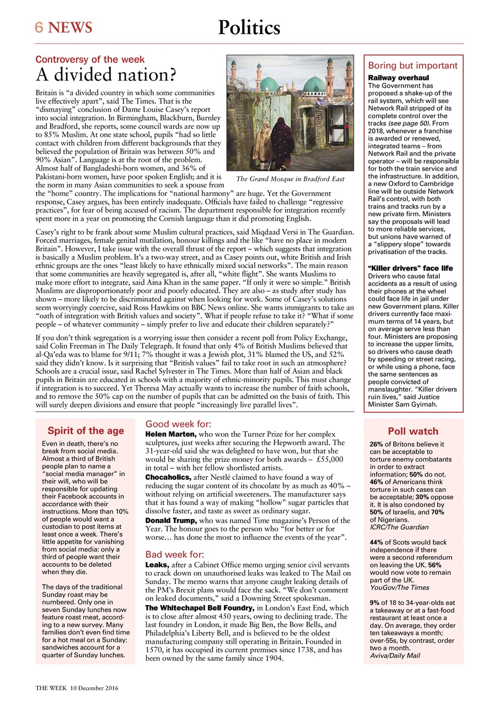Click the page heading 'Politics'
249,27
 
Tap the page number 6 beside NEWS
39,27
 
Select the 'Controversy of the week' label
90,59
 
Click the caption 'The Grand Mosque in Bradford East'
290,179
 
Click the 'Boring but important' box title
412,65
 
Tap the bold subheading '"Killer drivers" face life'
410,268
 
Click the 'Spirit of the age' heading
85,431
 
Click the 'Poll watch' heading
413,431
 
